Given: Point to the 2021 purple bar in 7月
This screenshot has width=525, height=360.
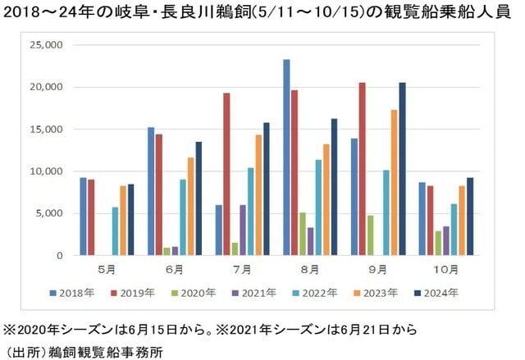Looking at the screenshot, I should (243, 230).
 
